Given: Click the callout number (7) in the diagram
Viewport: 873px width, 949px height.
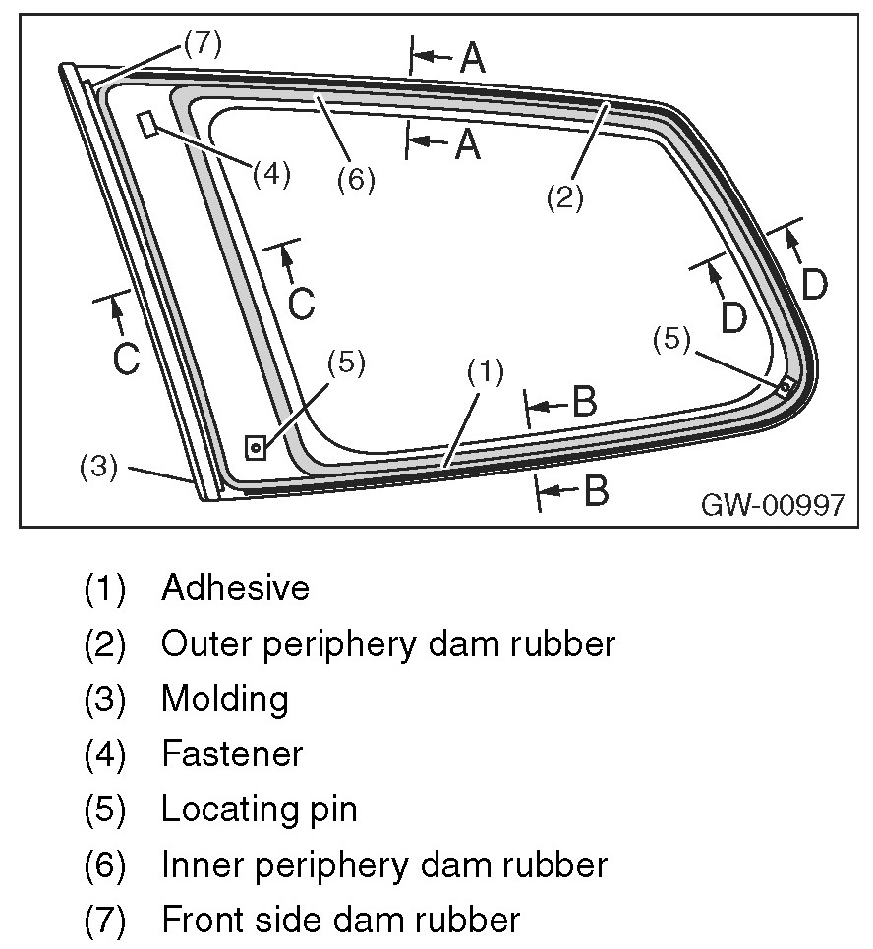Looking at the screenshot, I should pos(202,43).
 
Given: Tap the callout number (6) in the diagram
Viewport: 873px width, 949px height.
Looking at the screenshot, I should pos(355,181).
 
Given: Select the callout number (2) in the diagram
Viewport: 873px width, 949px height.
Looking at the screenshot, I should pos(565,197).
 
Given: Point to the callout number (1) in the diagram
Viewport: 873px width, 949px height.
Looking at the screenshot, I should pos(486,370).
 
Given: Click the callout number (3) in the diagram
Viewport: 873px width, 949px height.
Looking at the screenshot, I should pos(98,466).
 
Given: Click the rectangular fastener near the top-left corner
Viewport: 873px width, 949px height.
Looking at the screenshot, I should pos(147,124).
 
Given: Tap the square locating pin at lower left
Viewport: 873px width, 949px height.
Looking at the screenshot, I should pos(256,448).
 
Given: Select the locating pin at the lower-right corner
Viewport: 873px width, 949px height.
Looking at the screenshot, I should pos(785,387).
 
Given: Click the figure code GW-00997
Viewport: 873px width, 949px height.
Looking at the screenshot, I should pos(773,504).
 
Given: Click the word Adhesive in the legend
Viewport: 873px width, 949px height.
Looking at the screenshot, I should pos(235,588).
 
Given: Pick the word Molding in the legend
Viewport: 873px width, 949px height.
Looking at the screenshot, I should pos(225,699).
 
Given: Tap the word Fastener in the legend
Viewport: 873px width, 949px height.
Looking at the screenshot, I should pos(232,754).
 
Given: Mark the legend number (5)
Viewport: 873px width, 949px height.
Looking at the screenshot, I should pos(105,810).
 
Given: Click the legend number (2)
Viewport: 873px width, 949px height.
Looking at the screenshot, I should pos(105,643).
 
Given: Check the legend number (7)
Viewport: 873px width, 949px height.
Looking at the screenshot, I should pos(105,921).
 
